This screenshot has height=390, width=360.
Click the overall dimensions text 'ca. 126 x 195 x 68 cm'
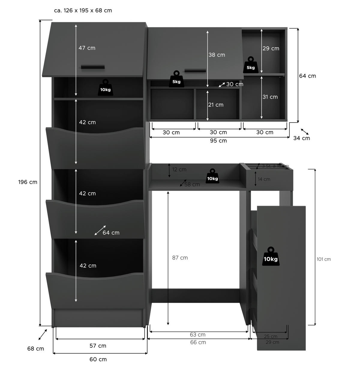click(x=83, y=10)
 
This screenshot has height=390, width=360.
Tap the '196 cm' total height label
click(x=28, y=182)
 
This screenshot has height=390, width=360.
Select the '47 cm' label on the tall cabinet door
click(x=87, y=48)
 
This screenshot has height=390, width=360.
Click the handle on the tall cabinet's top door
click(x=93, y=67)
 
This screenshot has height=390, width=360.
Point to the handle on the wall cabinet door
click(x=195, y=70)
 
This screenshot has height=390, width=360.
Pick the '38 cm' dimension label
click(x=217, y=55)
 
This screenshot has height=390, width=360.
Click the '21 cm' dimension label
click(x=216, y=105)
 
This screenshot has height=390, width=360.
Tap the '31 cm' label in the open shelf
click(x=270, y=97)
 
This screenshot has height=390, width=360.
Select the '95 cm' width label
click(x=218, y=141)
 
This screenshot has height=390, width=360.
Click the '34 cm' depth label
click(x=301, y=138)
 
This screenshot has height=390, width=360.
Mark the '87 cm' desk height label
click(x=180, y=258)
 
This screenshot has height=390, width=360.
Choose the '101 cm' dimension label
click(x=324, y=259)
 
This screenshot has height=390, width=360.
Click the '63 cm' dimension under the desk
click(x=198, y=335)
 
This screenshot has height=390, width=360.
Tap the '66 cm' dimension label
click(x=198, y=342)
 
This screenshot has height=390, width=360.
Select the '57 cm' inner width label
click(x=98, y=346)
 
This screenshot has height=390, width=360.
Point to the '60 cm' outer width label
click(x=98, y=359)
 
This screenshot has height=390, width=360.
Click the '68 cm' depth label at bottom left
click(x=35, y=349)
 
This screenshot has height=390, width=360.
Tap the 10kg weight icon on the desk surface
click(x=212, y=176)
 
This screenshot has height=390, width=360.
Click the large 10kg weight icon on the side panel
click(x=271, y=257)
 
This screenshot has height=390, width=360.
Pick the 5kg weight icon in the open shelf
click(x=251, y=65)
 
